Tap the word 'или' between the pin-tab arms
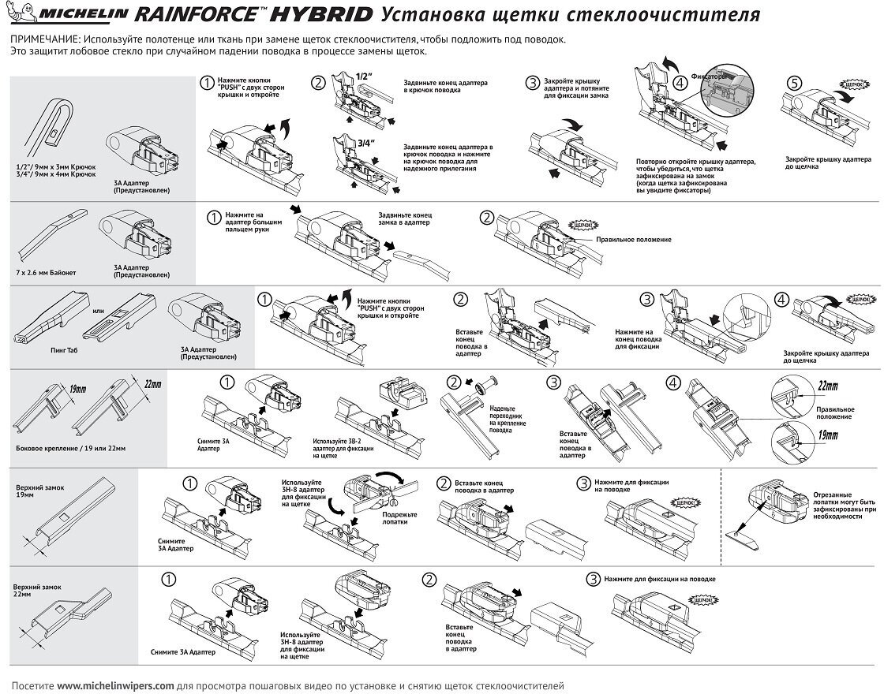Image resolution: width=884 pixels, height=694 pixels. tap(99, 311)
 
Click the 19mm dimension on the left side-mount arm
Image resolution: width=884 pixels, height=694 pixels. tap(76, 389)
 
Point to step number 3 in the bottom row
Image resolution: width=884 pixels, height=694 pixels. tap(592, 579)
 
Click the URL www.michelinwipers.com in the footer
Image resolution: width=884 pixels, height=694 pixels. tap(115, 685)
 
